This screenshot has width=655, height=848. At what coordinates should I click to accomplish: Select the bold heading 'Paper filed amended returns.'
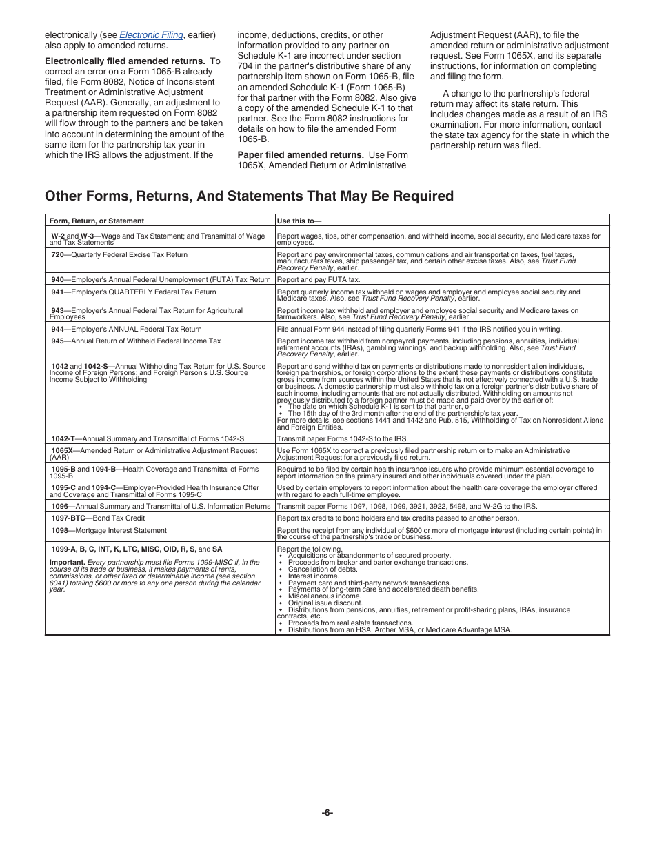point(301,155)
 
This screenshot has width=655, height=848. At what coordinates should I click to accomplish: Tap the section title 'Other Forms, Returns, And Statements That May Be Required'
point(249,196)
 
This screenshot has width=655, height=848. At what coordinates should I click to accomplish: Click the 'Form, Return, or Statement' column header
point(97,221)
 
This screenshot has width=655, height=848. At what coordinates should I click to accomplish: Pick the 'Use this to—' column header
point(299,221)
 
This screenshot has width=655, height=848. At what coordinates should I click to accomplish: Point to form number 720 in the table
point(57,255)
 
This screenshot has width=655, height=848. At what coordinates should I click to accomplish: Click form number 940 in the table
point(57,280)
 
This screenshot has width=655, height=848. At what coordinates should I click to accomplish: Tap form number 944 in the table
point(57,330)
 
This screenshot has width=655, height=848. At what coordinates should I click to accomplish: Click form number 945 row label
point(57,341)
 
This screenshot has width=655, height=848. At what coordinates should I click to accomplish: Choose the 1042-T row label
point(63,438)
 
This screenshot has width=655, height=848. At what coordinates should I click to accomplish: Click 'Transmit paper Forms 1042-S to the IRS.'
point(342,438)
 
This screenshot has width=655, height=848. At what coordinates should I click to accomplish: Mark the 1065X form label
point(61,451)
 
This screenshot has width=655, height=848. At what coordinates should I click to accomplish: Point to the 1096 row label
point(59,506)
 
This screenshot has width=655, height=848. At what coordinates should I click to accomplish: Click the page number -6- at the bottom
point(327,813)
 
